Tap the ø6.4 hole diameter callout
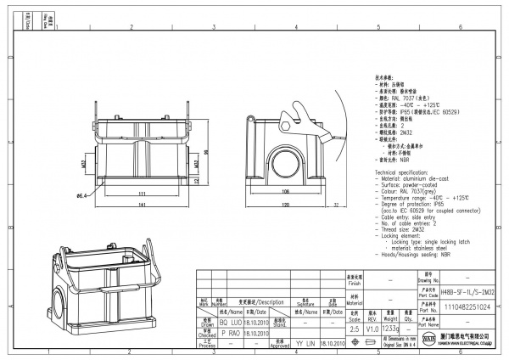click(x=83, y=196)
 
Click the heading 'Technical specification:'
click(x=404, y=172)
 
